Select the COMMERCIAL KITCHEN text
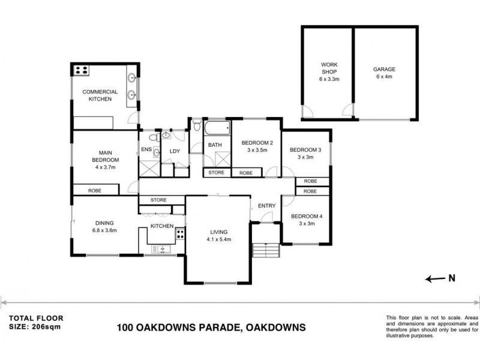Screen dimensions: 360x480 (x=100, y=95)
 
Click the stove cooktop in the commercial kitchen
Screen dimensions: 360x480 (x=81, y=70)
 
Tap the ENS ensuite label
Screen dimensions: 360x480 (x=146, y=149)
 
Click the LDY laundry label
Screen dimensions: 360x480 (x=175, y=151)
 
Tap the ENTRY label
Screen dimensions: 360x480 (x=266, y=206)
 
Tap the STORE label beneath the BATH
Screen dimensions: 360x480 (x=216, y=173)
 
